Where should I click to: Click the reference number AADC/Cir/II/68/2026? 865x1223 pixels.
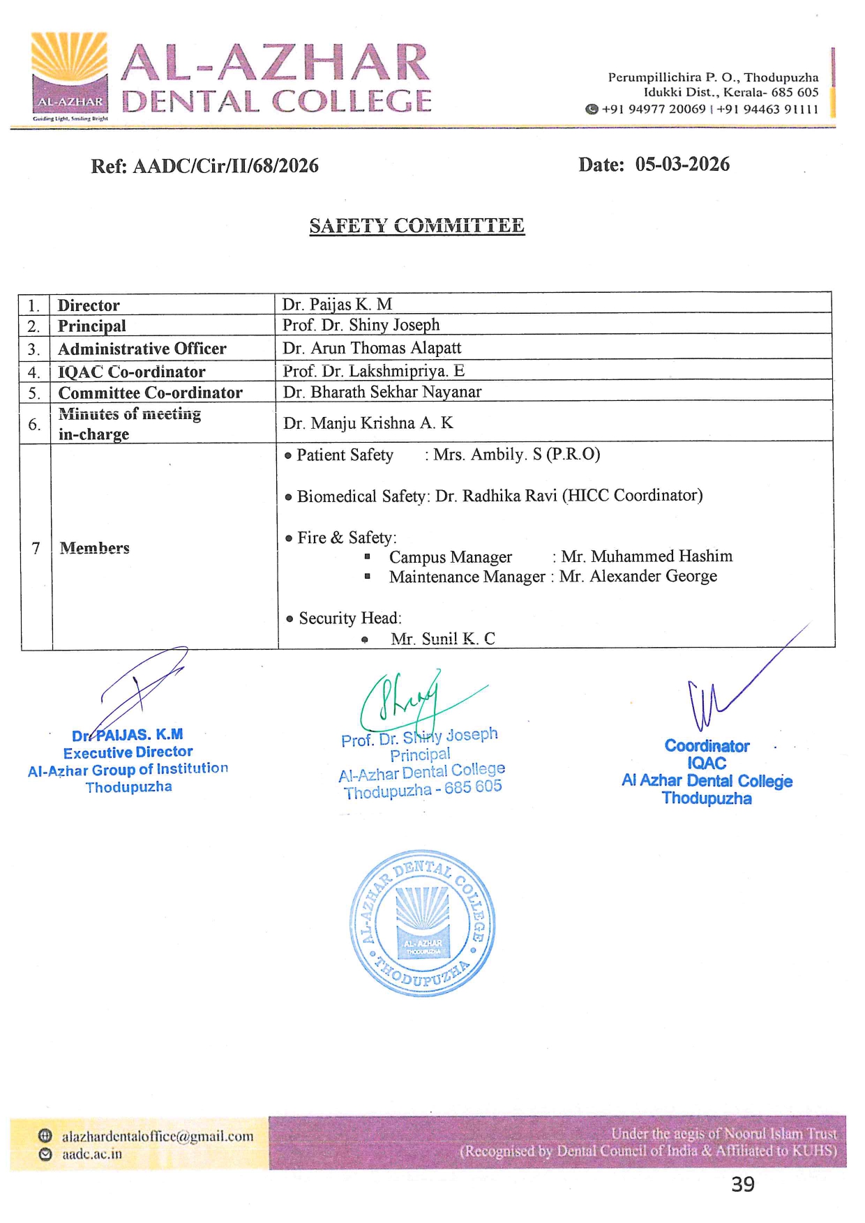click(x=225, y=166)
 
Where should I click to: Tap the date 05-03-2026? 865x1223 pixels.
click(x=682, y=165)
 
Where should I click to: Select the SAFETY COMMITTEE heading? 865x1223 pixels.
click(x=416, y=226)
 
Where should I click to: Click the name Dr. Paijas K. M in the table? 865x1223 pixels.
click(x=337, y=304)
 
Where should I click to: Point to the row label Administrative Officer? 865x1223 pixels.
click(x=142, y=349)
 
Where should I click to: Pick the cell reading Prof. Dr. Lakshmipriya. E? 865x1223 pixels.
click(x=373, y=371)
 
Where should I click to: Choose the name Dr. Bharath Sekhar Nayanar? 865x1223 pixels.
click(x=382, y=392)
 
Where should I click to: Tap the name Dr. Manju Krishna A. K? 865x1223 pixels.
click(x=368, y=423)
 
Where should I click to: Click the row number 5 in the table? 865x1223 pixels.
click(x=34, y=393)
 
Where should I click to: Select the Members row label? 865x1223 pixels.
click(x=95, y=548)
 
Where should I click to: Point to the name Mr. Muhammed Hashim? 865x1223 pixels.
click(x=647, y=556)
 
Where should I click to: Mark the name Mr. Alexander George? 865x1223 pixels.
click(x=638, y=576)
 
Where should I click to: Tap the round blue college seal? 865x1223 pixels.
click(x=422, y=922)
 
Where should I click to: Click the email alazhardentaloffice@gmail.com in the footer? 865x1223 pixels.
click(x=158, y=1136)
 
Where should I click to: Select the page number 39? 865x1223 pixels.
click(x=743, y=1184)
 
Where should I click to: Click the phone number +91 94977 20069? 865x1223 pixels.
click(x=654, y=109)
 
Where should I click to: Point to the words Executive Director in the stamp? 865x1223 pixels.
click(x=128, y=752)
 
